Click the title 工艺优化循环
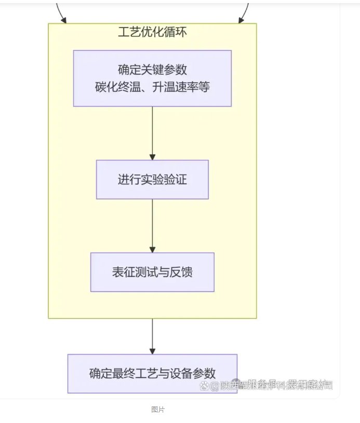click(x=152, y=32)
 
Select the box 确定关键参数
click(x=152, y=78)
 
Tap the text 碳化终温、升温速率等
click(x=152, y=87)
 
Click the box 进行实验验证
click(x=152, y=180)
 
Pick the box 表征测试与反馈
click(x=152, y=272)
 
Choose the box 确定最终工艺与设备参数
click(x=152, y=373)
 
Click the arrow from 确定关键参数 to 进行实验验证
click(x=152, y=133)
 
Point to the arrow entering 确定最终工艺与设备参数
click(x=152, y=336)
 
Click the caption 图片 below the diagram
click(x=158, y=409)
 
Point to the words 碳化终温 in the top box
click(x=116, y=87)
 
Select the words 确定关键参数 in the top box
click(x=152, y=70)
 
